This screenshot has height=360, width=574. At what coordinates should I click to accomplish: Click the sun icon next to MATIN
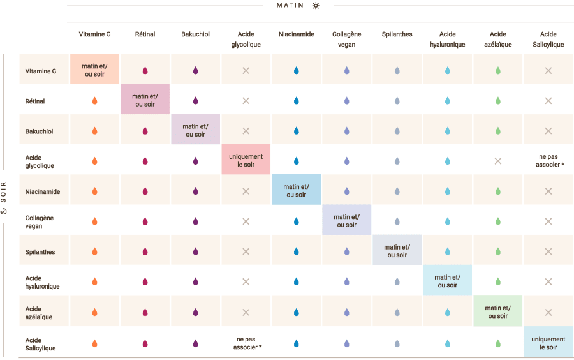click(x=316, y=6)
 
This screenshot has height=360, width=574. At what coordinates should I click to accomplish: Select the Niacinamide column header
click(x=296, y=34)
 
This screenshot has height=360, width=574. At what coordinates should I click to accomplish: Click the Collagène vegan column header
click(x=346, y=39)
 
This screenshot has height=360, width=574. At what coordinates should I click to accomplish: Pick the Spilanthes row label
click(x=40, y=252)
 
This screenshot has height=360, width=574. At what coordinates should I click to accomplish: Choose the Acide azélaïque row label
click(x=39, y=313)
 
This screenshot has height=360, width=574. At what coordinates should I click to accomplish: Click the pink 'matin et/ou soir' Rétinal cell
click(x=145, y=100)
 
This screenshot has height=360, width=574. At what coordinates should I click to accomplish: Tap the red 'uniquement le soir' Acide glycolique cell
click(x=246, y=160)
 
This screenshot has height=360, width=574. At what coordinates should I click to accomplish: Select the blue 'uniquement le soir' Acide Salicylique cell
click(x=548, y=343)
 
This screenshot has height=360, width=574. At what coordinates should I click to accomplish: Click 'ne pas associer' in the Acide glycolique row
click(x=548, y=160)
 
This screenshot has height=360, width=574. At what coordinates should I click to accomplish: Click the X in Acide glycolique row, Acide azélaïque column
click(x=497, y=161)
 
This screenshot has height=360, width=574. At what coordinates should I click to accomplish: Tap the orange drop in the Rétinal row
click(x=94, y=101)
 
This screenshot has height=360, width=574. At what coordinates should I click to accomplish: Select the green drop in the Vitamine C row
click(x=497, y=71)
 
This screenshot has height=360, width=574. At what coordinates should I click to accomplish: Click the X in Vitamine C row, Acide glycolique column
click(x=246, y=71)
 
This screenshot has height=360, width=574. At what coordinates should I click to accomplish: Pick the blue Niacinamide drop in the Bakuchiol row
click(x=296, y=131)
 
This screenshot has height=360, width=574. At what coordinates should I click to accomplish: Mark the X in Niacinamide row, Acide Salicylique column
click(x=548, y=191)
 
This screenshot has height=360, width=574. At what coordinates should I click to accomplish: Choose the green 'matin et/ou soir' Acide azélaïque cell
click(x=497, y=312)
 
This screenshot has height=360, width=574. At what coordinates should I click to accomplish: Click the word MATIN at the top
click(x=290, y=6)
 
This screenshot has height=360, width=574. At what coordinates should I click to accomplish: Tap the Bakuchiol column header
click(x=195, y=34)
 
